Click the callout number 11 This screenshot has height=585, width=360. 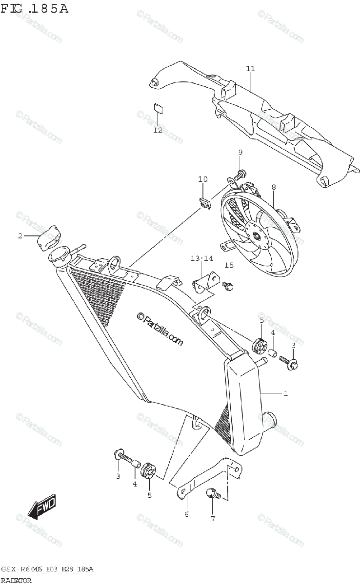coord(250,69)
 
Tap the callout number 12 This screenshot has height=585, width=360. coord(157,130)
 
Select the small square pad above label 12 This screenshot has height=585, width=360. coord(158,108)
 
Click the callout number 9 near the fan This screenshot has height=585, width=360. coord(240,153)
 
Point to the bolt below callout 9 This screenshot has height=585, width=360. coord(241,172)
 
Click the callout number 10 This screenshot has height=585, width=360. coord(203,179)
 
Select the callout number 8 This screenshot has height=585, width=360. coord(274,187)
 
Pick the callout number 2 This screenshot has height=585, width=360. coord(20,236)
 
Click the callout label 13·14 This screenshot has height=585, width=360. coord(202,258)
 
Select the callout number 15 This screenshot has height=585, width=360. coord(229,265)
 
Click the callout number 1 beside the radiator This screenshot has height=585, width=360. coord(285,393)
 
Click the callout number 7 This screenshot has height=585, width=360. coord(212,519)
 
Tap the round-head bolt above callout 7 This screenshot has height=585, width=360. coord(213,493)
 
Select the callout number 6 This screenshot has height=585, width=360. coord(186,514)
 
